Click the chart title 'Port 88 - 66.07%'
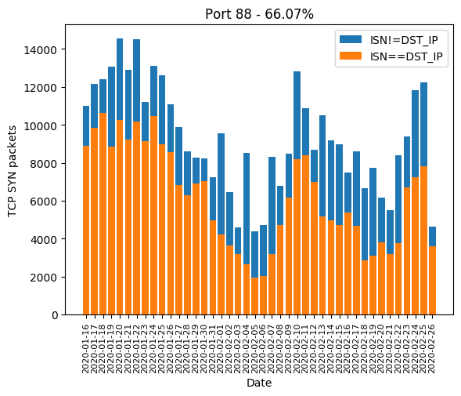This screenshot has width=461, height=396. (x=259, y=14)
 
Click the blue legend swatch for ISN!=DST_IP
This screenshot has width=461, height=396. (x=351, y=39)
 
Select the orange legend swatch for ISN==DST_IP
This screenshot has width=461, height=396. (x=351, y=56)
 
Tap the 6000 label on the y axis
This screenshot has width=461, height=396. (x=43, y=202)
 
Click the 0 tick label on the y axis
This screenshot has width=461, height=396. (x=55, y=315)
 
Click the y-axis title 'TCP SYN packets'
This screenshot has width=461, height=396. (x=12, y=171)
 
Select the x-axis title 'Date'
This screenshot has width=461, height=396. (x=259, y=383)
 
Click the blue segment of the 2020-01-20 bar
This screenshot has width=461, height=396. (x=120, y=79)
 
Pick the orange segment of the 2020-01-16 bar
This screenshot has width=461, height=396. (x=86, y=231)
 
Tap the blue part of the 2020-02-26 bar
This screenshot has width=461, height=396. (x=432, y=237)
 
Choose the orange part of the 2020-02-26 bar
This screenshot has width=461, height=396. (x=432, y=281)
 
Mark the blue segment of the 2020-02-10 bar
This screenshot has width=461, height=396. (x=297, y=115)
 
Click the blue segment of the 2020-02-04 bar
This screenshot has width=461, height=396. (x=247, y=209)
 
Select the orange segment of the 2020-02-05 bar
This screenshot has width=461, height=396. (x=254, y=296)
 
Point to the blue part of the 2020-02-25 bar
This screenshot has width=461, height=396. (x=423, y=125)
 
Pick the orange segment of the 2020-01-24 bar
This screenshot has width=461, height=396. (x=153, y=216)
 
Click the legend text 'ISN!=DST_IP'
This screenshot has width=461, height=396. (x=404, y=40)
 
